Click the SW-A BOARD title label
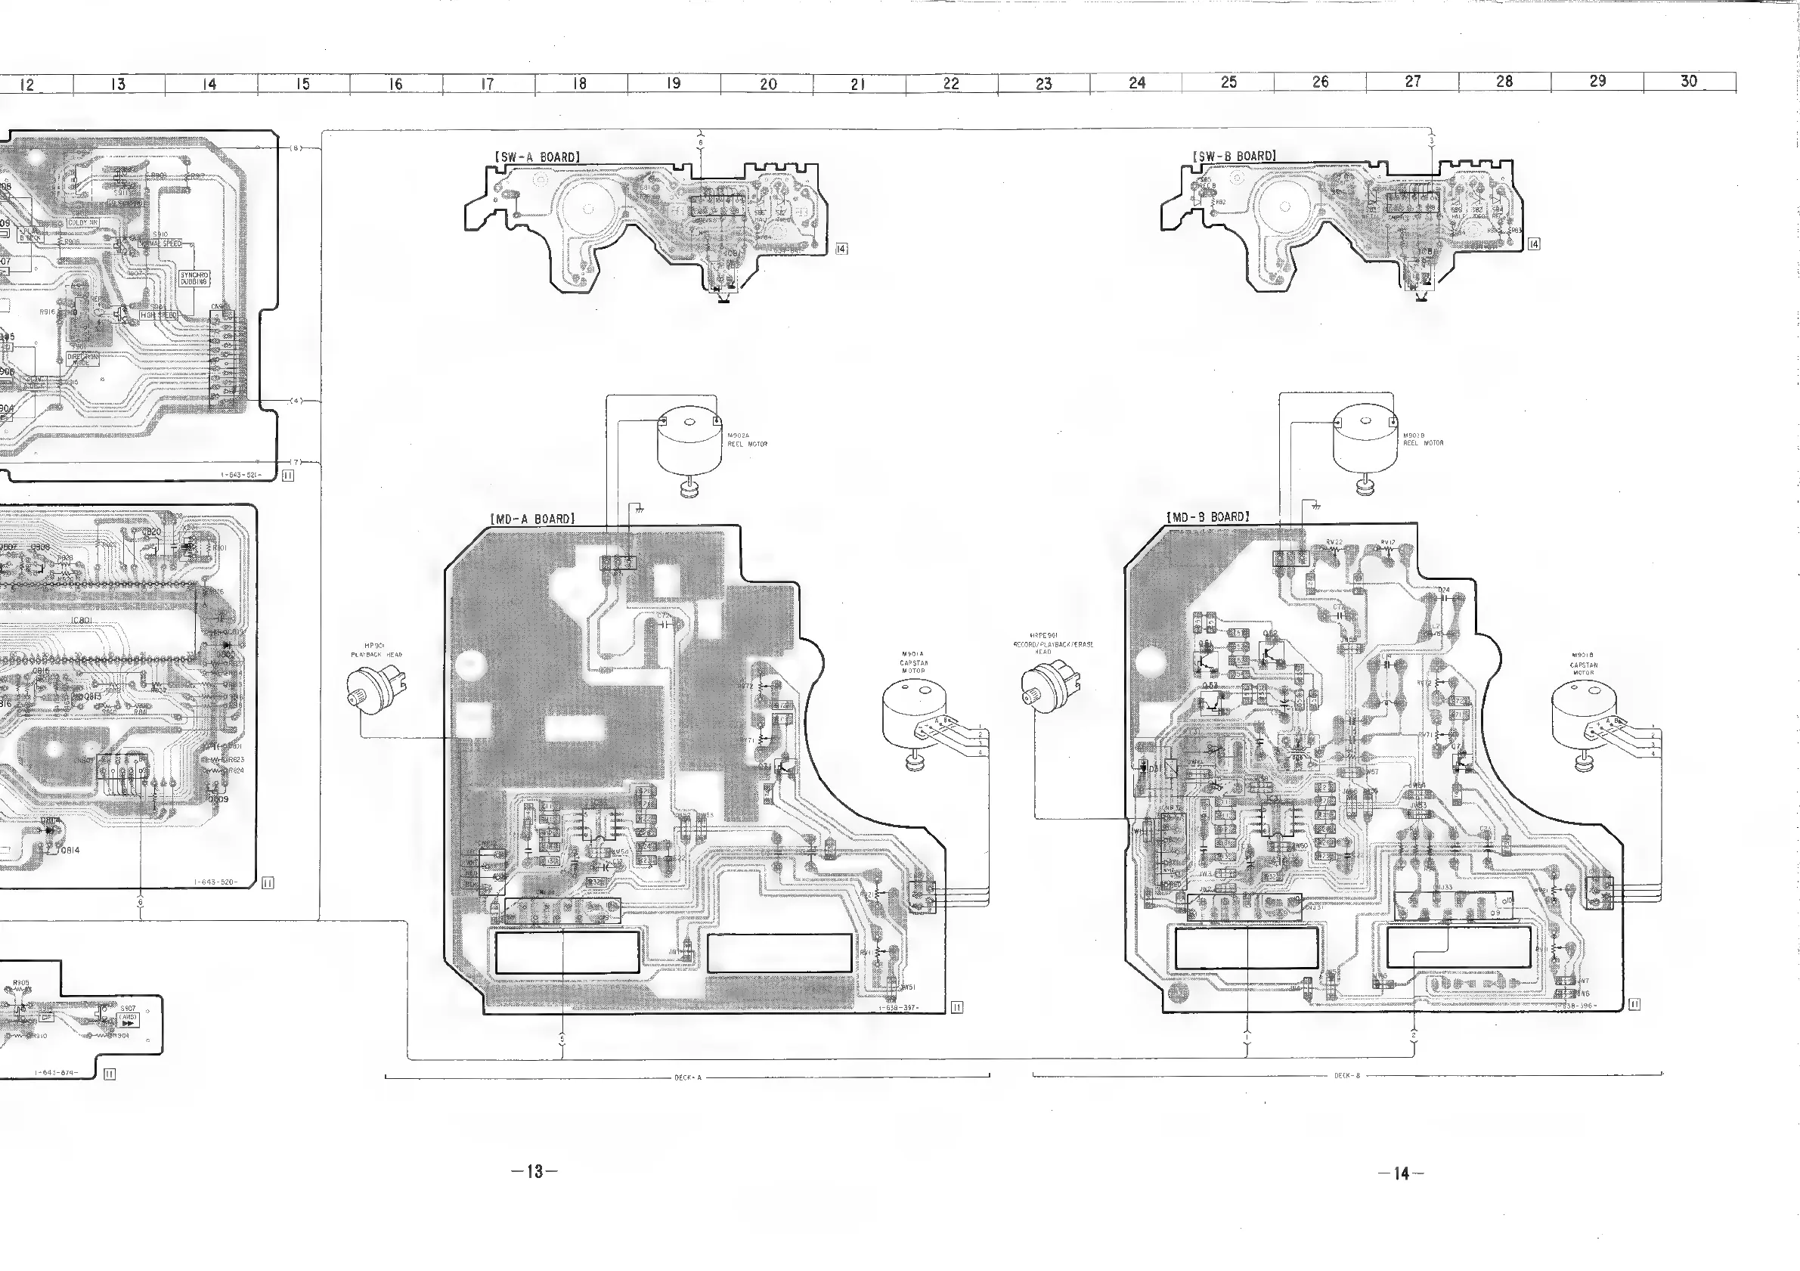pyautogui.click(x=537, y=157)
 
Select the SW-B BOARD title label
pyautogui.click(x=1234, y=156)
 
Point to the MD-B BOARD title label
pyautogui.click(x=1207, y=517)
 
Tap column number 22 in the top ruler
pyautogui.click(x=951, y=83)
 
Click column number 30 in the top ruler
pyautogui.click(x=1689, y=81)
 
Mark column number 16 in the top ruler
pyautogui.click(x=395, y=84)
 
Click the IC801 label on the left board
pyautogui.click(x=82, y=621)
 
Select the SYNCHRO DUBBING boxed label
pyautogui.click(x=194, y=278)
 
